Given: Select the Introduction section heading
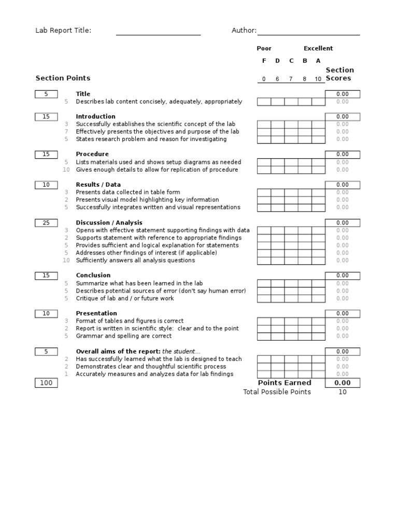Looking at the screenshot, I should [95, 117].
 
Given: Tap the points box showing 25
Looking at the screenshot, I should [46, 223].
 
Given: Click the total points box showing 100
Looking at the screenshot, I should [46, 383].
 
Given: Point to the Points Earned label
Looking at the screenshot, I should [285, 383].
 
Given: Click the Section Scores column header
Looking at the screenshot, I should [339, 74].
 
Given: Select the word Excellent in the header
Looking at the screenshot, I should [318, 49].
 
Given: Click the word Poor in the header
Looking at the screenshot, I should [264, 49].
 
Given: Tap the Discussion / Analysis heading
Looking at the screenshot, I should [109, 223].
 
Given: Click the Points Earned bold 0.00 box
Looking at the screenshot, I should [342, 383].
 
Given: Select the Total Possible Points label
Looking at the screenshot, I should [277, 392].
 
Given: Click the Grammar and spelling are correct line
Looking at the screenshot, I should [124, 336].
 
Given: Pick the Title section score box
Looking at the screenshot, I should [342, 94].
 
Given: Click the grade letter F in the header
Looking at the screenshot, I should [264, 61].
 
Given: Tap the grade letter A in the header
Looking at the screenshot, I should [318, 61].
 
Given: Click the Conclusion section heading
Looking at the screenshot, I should [93, 275].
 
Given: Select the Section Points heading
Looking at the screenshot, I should [63, 78].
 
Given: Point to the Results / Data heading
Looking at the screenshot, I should [98, 185].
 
